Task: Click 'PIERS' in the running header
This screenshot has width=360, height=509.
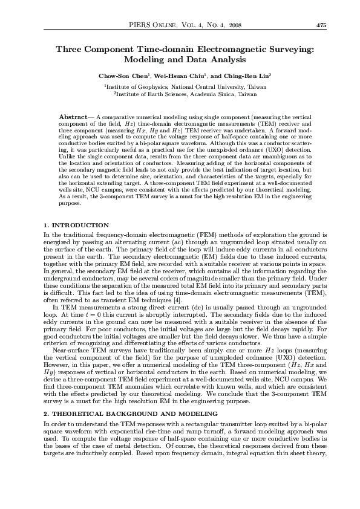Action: click(141, 25)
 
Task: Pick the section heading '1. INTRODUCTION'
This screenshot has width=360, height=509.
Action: click(76, 225)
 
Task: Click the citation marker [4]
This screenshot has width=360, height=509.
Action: click(177, 299)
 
